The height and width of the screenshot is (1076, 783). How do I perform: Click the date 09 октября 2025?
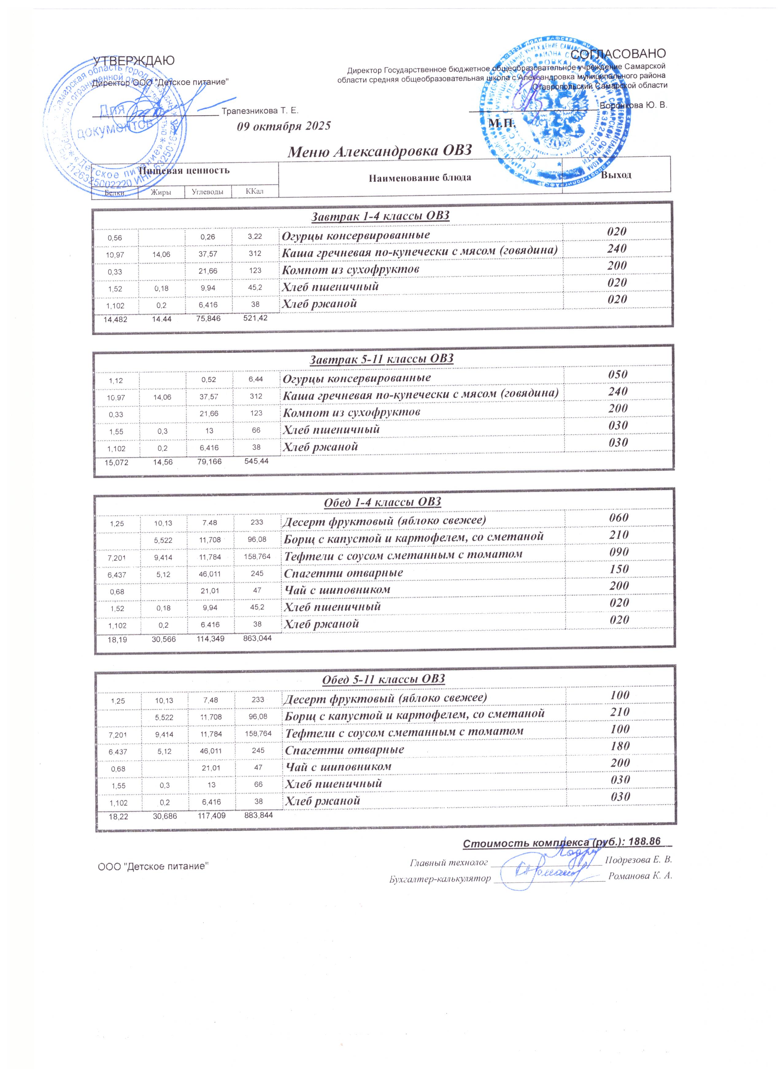pyautogui.click(x=283, y=126)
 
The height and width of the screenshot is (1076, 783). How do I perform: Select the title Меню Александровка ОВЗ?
pyautogui.click(x=380, y=151)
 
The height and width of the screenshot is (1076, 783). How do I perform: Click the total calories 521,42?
pyautogui.click(x=256, y=318)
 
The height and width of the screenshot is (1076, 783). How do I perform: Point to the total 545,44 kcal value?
pyautogui.click(x=256, y=461)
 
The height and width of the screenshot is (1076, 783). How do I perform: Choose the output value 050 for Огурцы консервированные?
pyautogui.click(x=618, y=374)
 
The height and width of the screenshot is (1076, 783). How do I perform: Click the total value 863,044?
pyautogui.click(x=258, y=639)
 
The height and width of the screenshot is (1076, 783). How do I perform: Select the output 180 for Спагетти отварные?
pyautogui.click(x=620, y=746)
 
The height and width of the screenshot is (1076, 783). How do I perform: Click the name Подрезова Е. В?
pyautogui.click(x=639, y=860)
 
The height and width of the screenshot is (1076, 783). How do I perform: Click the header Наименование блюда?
pyautogui.click(x=420, y=178)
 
